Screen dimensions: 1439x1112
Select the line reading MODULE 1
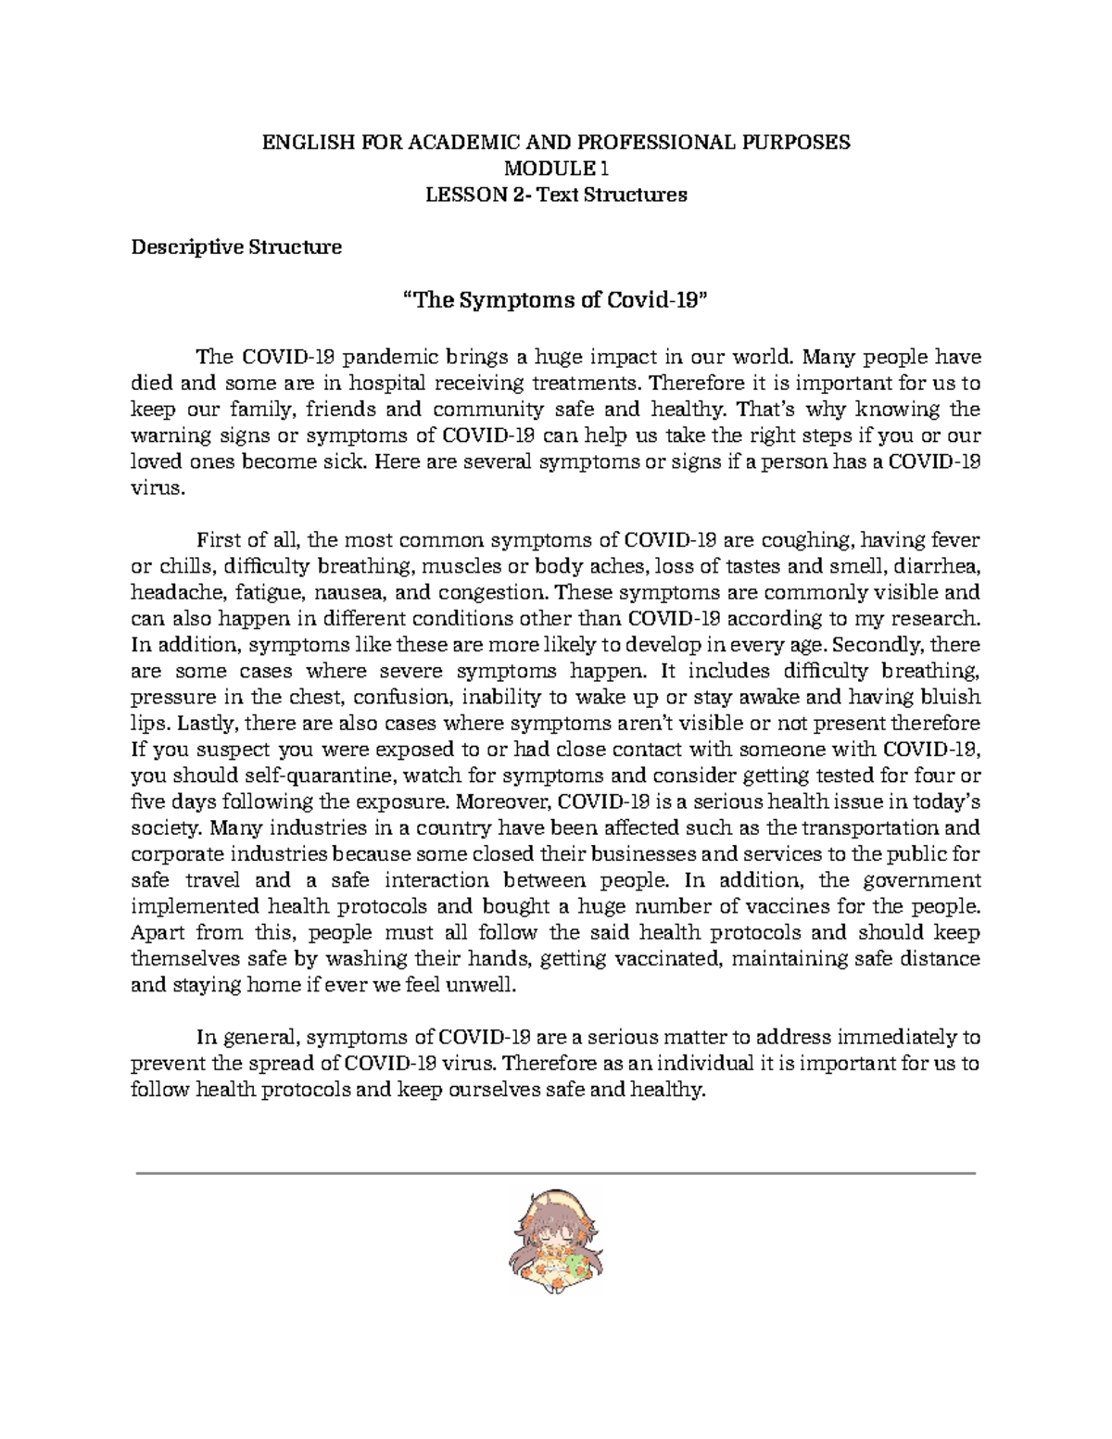point(555,169)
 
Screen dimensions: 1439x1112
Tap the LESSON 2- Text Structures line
point(555,195)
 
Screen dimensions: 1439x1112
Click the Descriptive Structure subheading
point(236,247)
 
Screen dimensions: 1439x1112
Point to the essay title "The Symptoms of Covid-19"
point(556,300)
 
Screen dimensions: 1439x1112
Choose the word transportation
point(868,827)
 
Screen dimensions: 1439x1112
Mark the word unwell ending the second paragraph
point(478,986)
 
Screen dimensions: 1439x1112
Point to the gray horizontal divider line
point(556,1173)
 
